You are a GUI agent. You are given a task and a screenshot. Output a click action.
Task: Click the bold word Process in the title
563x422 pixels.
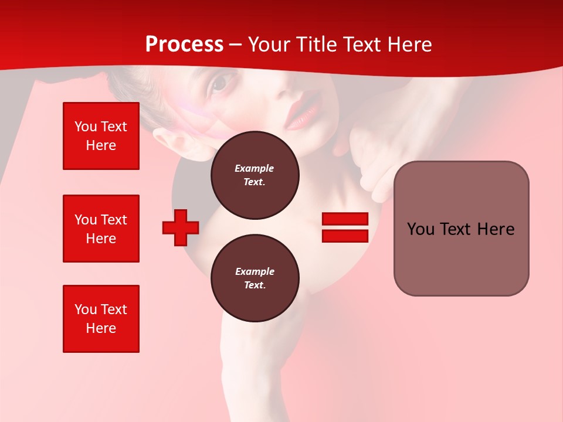(184, 45)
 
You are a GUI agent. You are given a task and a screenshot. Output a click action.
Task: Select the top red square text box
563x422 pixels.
(101, 136)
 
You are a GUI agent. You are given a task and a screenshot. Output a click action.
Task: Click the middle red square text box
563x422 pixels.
(101, 229)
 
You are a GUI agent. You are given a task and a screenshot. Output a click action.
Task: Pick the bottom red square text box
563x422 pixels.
(101, 319)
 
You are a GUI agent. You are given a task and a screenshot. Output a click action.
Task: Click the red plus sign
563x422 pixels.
(181, 227)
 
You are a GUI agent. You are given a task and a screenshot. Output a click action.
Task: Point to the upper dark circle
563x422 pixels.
(255, 175)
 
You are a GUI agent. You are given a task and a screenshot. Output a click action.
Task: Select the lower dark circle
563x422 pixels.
(255, 278)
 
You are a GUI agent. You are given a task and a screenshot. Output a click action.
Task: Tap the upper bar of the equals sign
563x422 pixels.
(345, 219)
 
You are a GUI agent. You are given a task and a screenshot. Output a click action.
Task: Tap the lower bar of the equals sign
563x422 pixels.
(345, 236)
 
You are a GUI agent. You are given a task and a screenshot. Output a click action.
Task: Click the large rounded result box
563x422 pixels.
(461, 229)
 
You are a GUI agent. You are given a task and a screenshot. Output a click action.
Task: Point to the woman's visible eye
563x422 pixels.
(219, 85)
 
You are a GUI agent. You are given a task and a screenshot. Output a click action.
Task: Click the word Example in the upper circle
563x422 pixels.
(255, 168)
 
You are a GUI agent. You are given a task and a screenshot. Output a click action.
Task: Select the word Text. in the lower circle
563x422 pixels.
(255, 285)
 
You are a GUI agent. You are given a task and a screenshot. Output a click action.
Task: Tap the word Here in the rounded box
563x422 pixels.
(496, 229)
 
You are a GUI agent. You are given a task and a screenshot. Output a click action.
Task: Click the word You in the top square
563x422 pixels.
(86, 127)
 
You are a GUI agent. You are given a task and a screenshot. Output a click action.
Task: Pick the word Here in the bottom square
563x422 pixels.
(101, 328)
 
